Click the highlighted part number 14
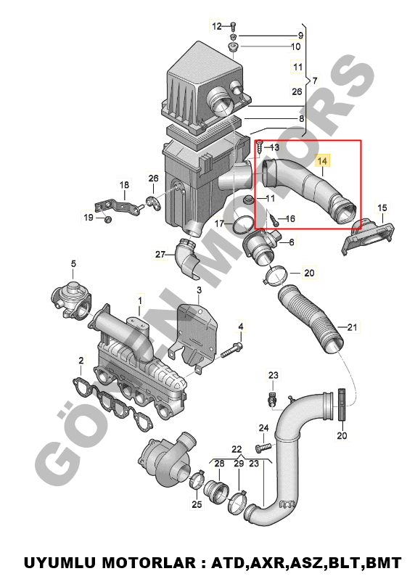[322, 161]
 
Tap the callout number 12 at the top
[217, 26]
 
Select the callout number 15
[382, 208]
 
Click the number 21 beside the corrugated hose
[352, 327]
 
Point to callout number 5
[73, 263]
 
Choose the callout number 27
[160, 255]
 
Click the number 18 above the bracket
[124, 184]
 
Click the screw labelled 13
[260, 147]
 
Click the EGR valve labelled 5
[71, 298]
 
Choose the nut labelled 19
[107, 219]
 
